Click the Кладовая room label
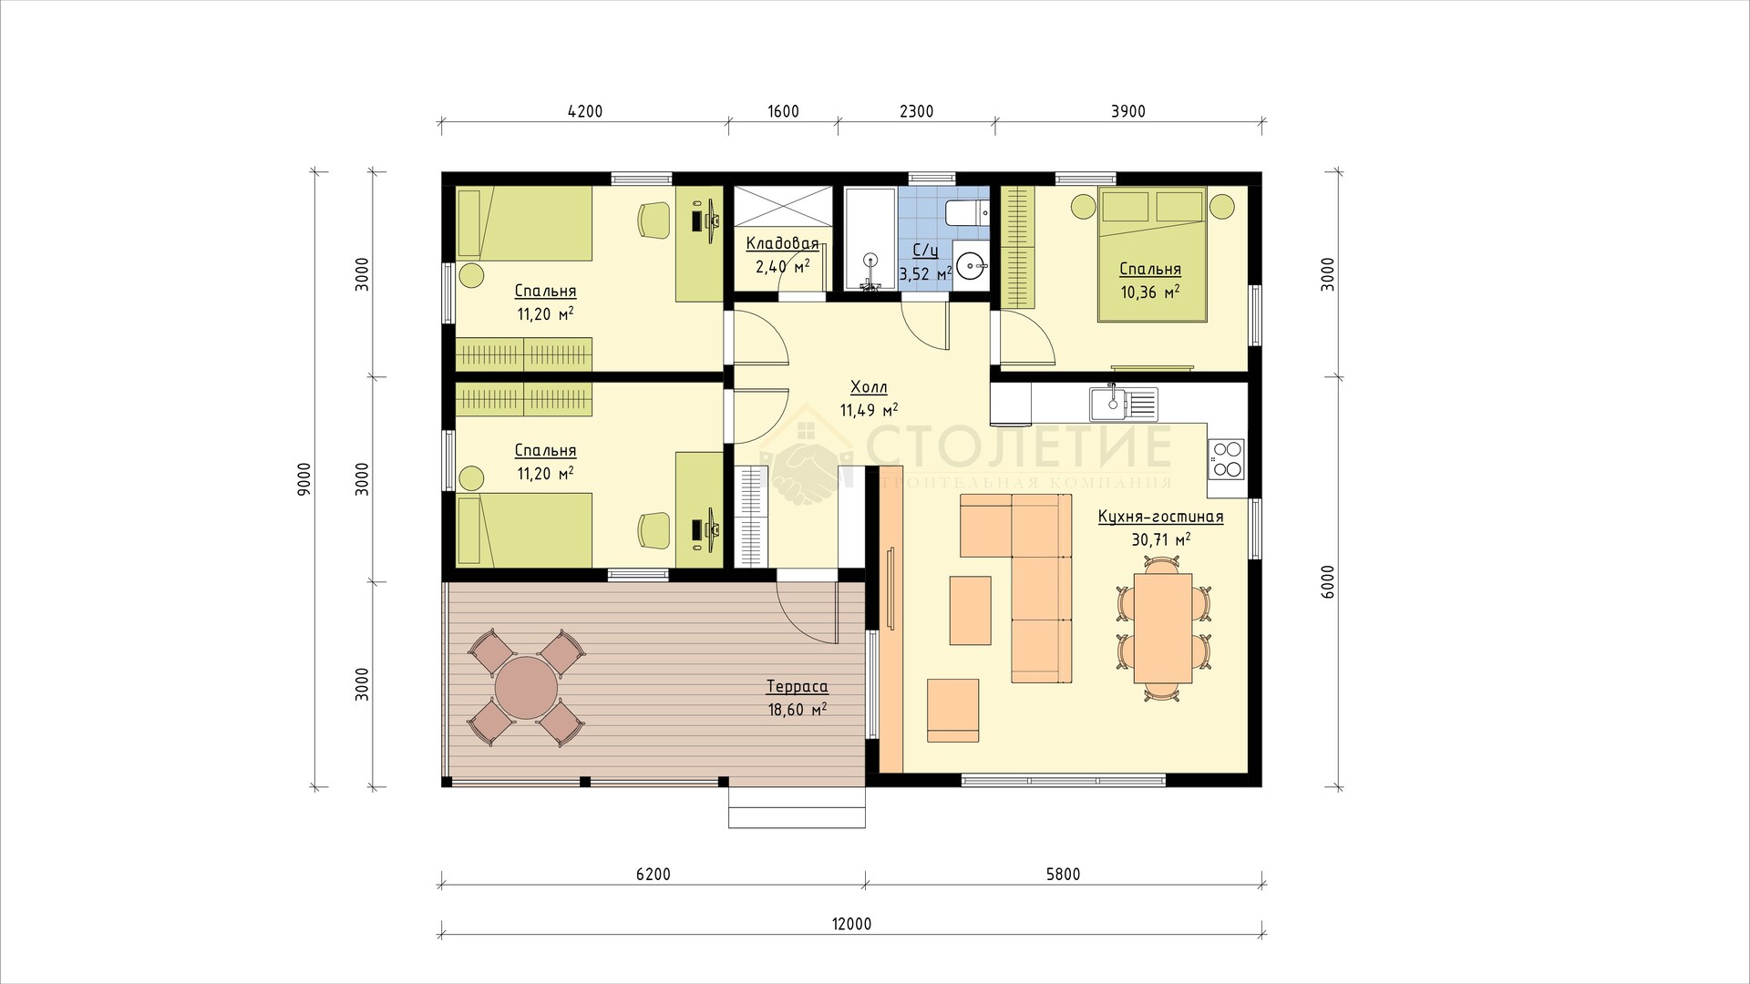pyautogui.click(x=782, y=243)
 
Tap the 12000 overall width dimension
pyautogui.click(x=851, y=924)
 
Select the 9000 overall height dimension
pyautogui.click(x=304, y=478)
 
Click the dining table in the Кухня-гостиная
pyautogui.click(x=1163, y=628)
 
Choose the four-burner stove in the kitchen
pyautogui.click(x=1226, y=458)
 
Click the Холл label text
pyautogui.click(x=868, y=388)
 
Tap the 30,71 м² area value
pyautogui.click(x=1161, y=539)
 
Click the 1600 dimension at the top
pyautogui.click(x=783, y=112)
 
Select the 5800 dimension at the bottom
pyautogui.click(x=1063, y=875)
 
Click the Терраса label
pyautogui.click(x=797, y=687)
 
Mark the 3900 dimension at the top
pyautogui.click(x=1128, y=112)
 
